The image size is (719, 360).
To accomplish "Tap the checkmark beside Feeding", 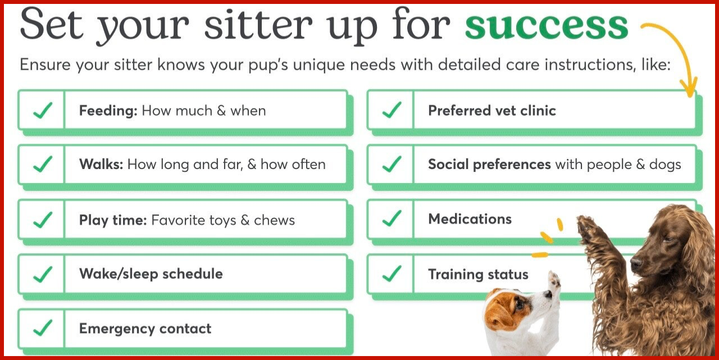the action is click(43, 111).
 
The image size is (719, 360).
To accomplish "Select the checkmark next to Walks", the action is click(43, 165).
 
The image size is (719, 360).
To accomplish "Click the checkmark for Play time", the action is click(43, 220).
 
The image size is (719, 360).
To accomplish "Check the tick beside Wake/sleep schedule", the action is click(43, 274).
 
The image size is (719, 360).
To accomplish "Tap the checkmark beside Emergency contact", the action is click(43, 328).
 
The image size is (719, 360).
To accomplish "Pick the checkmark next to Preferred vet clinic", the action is click(392, 110).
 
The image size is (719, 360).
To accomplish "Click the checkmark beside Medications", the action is click(392, 218).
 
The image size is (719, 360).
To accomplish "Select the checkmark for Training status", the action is click(392, 274).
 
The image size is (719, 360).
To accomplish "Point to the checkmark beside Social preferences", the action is click(392, 164).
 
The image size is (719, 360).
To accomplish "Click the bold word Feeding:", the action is click(108, 111).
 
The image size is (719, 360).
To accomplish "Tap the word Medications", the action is click(470, 219).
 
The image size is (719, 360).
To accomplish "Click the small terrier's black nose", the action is click(549, 293).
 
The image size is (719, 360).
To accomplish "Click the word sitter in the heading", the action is click(258, 25).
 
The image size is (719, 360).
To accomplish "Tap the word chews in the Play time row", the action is click(275, 220).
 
